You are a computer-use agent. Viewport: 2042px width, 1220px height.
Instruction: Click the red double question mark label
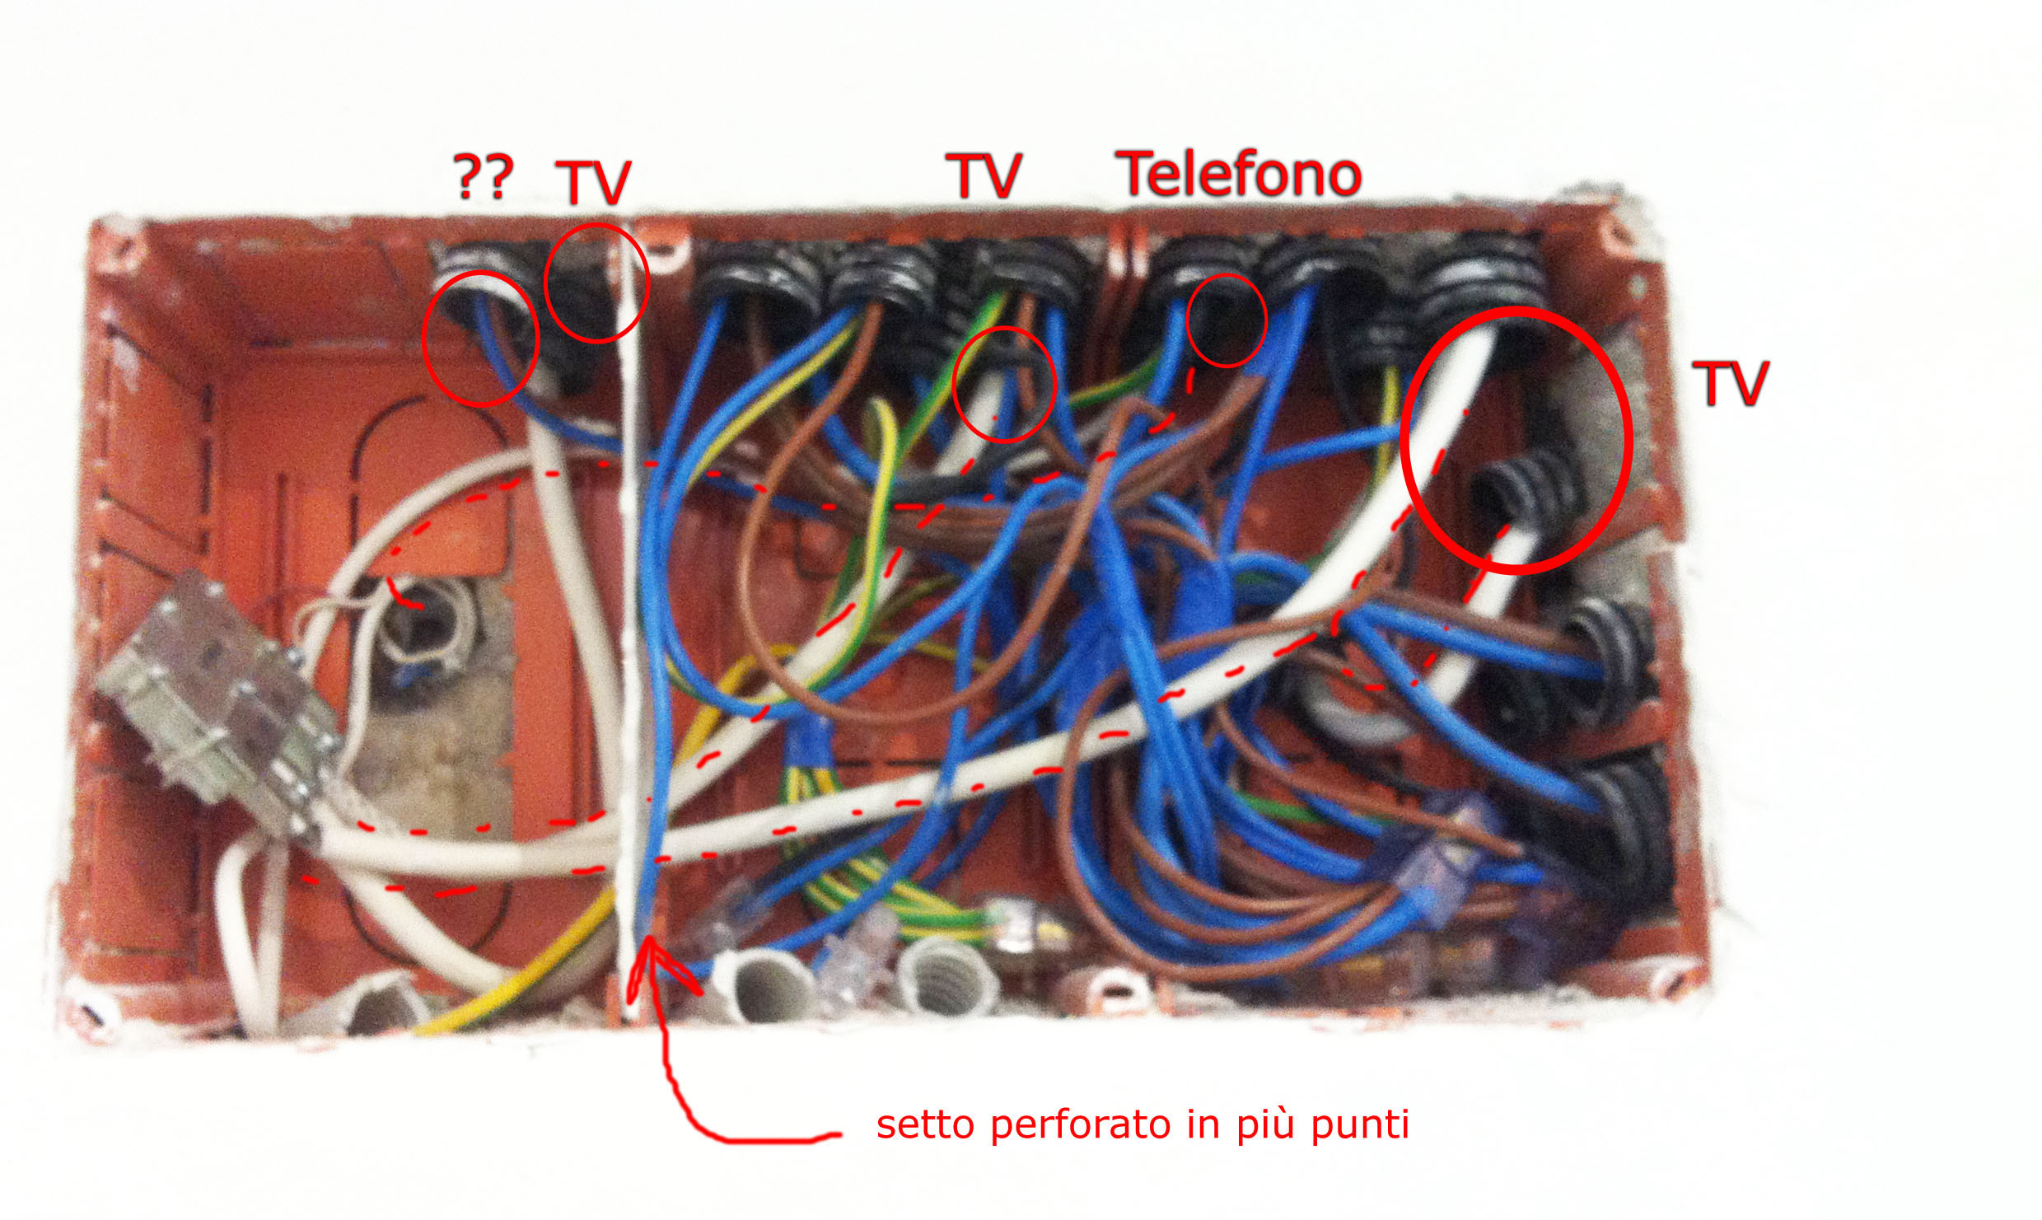(x=484, y=176)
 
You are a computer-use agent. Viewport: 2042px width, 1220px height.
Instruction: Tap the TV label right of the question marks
(x=593, y=182)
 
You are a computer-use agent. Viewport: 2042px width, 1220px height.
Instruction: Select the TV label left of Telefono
(x=984, y=175)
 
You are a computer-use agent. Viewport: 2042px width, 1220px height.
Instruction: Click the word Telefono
(x=1238, y=174)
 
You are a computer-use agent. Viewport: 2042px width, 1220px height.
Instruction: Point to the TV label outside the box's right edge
(x=1730, y=383)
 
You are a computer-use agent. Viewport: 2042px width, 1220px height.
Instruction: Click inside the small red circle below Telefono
(x=1226, y=320)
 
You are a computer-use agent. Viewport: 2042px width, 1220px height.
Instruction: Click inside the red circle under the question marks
(x=480, y=338)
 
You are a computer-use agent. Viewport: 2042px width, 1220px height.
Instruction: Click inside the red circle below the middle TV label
(x=1004, y=385)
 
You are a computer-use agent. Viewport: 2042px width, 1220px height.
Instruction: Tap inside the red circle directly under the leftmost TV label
(x=596, y=283)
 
